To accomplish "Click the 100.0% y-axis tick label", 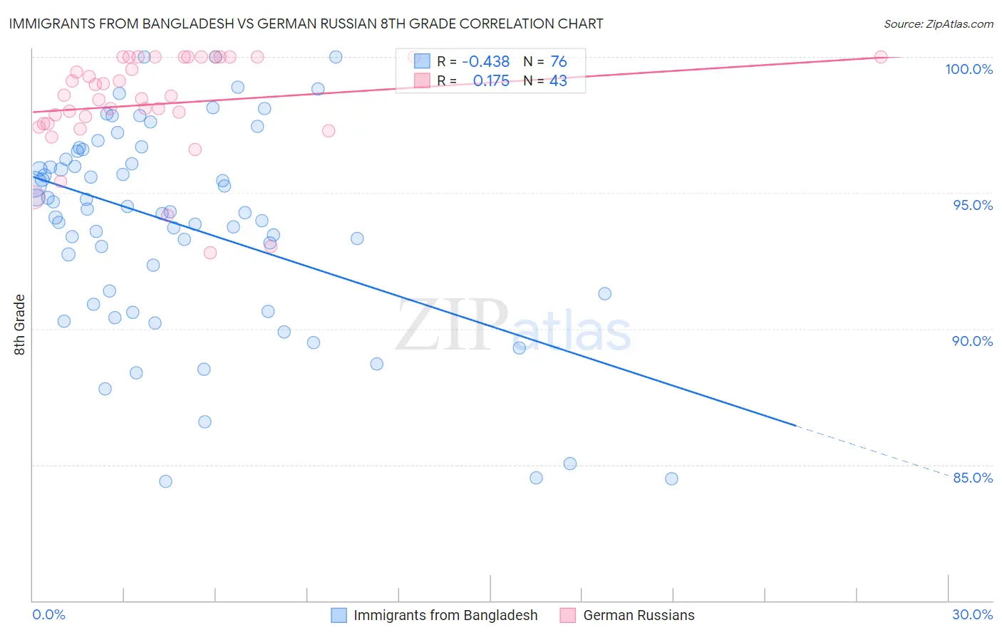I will pos(969,69).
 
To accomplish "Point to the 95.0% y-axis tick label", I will pos(973,205).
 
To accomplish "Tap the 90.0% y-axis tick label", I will pos(973,341).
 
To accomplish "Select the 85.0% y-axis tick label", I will pos(973,478).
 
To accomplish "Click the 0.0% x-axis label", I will pos(48,614).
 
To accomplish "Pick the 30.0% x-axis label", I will pos(972,614).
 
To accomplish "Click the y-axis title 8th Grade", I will pos(20,325).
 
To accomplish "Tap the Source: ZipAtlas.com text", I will pos(938,23).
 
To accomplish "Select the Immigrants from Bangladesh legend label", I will pos(445,615).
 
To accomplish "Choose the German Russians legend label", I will pos(639,615).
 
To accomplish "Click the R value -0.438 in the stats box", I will pos(485,62).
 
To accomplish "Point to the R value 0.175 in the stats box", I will pos(491,80).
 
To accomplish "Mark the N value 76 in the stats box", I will pos(558,62).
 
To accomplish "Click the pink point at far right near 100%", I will pos(881,57).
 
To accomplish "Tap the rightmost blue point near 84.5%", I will pos(671,478).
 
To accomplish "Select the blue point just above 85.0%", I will pos(570,463).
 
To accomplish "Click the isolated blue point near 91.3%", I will pos(605,293).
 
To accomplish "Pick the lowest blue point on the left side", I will pos(165,481).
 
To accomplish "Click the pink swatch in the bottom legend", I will pos(567,615).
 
